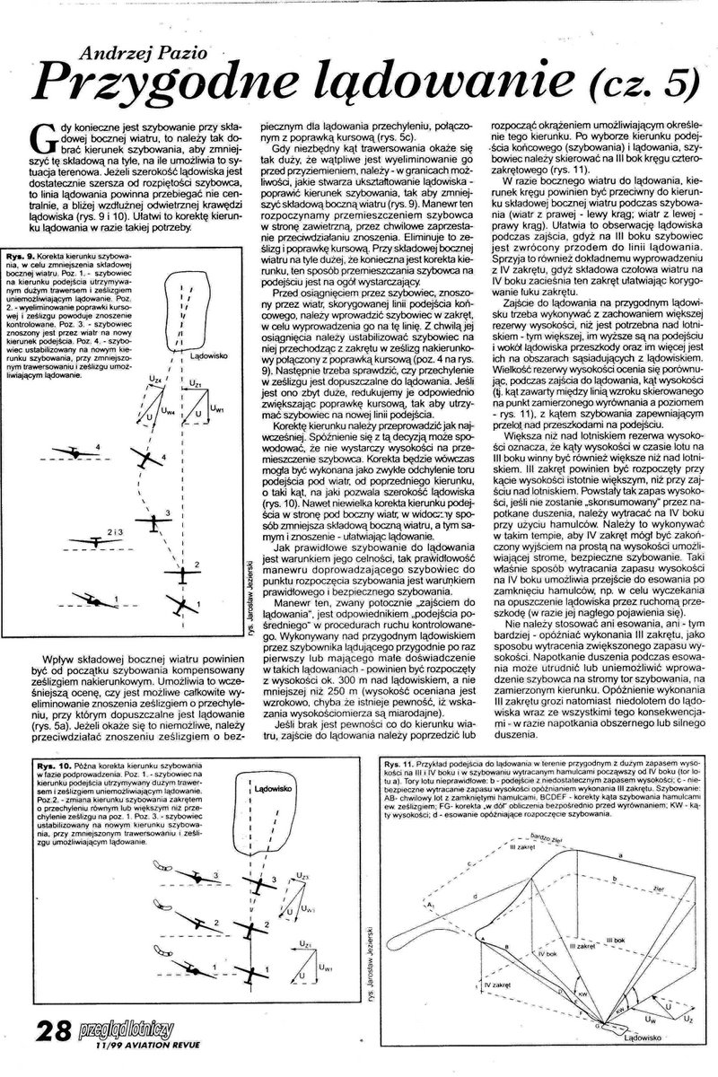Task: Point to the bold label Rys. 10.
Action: click(55, 764)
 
